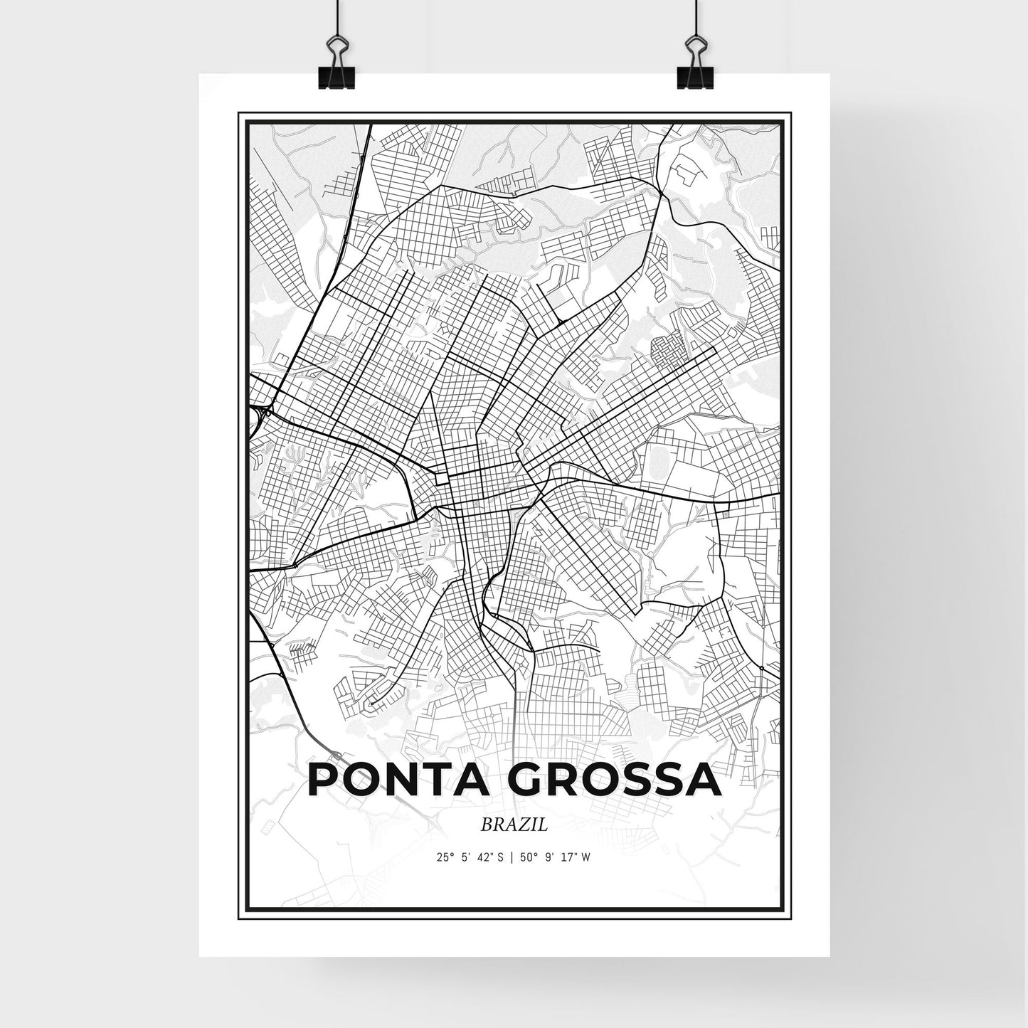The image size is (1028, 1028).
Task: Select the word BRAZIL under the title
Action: click(514, 826)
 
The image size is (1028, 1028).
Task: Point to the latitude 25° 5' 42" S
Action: click(470, 857)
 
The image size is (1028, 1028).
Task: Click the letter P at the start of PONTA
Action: click(322, 781)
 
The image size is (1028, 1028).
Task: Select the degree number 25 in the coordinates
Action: click(443, 857)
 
